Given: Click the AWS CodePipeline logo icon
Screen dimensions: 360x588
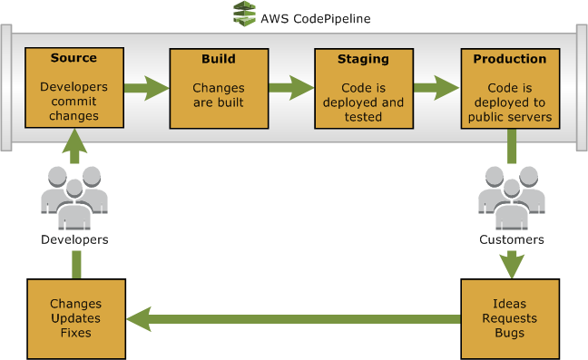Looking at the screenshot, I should tap(243, 15).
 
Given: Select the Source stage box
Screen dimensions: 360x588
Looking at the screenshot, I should tap(73, 88).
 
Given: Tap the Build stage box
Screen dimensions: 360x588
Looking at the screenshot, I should tap(218, 88).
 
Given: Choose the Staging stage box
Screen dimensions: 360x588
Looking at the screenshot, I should tap(363, 88).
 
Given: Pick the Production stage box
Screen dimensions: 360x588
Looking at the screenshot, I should tap(510, 88).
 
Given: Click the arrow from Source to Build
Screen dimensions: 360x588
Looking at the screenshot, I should tap(145, 89).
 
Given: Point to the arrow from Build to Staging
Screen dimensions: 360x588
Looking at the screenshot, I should tap(290, 89).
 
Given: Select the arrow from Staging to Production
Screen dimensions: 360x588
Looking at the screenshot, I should tap(436, 89).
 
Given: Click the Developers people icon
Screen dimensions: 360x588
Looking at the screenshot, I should tap(74, 197).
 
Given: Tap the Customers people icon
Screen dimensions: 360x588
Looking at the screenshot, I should tap(512, 197).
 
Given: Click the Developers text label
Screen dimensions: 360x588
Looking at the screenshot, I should tap(74, 240).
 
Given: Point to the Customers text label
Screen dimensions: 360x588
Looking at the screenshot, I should tap(512, 240).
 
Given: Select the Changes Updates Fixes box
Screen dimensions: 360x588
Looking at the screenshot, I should tap(76, 318).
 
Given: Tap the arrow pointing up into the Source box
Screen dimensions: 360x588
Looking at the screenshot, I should tap(74, 147).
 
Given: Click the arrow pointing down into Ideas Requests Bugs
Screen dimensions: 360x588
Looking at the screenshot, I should tap(513, 263).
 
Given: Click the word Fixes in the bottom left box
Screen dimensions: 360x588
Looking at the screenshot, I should tap(76, 333).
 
